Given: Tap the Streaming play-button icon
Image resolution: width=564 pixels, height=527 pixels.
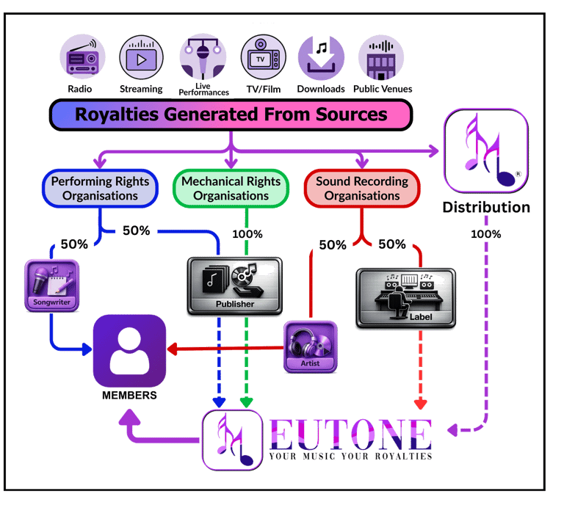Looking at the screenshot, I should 141,58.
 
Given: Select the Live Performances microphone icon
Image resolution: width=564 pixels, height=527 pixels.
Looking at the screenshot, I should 203,59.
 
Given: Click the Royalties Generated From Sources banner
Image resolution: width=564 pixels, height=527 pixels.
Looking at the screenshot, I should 231,115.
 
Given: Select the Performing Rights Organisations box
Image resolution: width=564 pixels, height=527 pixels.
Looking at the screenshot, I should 100,189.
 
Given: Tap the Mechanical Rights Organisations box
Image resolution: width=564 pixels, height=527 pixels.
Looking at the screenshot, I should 231,189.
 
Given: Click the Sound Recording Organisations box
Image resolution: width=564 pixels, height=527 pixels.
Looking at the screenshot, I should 362,189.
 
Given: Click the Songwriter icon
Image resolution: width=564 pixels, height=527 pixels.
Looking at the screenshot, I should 51,286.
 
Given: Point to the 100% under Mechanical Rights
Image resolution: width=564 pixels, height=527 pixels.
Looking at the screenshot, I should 247,234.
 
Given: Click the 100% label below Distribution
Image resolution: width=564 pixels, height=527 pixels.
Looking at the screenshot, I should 486,234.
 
